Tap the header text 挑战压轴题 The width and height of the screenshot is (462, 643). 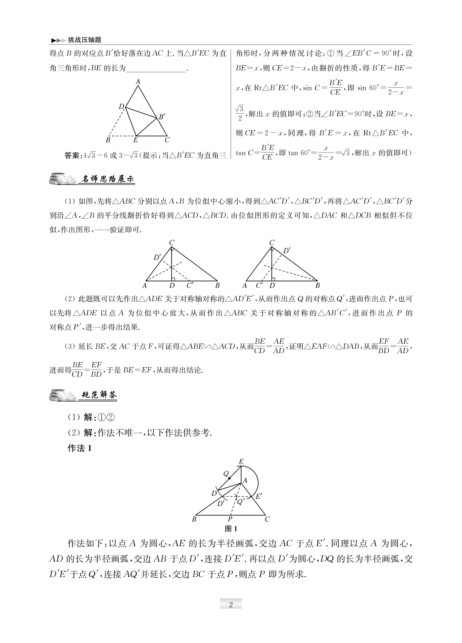[x=84, y=40]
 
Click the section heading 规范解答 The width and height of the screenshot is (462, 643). [x=99, y=395]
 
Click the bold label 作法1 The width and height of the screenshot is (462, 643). [x=80, y=448]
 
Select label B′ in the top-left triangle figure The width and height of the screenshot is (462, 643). [x=162, y=116]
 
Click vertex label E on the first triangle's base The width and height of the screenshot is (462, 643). [x=135, y=140]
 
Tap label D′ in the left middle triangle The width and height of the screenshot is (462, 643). [x=157, y=257]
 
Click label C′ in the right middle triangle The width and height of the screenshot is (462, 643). [x=259, y=285]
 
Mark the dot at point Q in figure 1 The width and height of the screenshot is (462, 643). [x=229, y=478]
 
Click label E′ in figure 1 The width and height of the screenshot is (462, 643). [x=258, y=496]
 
